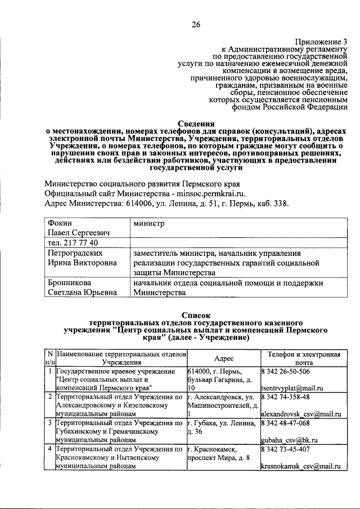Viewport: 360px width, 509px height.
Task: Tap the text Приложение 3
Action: pos(322,41)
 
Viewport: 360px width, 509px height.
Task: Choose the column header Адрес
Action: pos(224,358)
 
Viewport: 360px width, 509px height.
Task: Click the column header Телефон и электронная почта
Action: pos(304,358)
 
